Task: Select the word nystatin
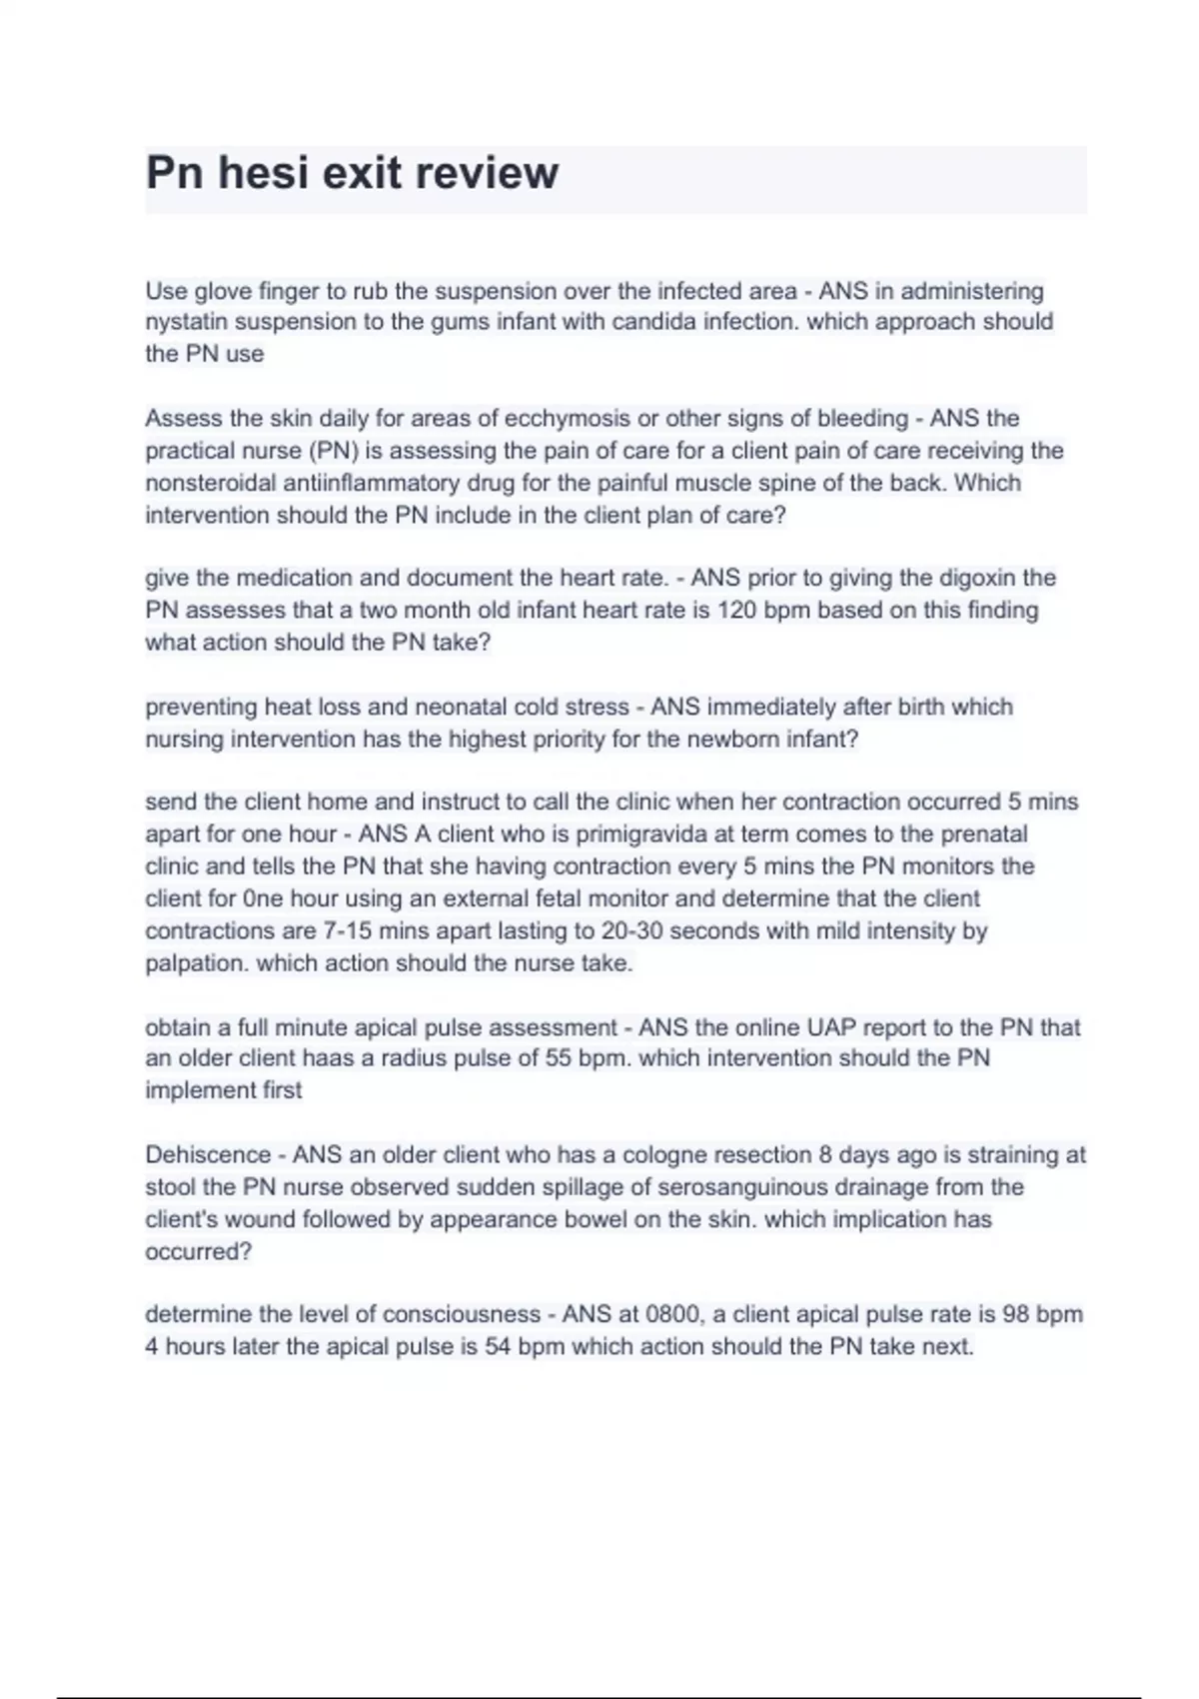(187, 322)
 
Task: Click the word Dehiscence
(208, 1154)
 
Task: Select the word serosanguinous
(546, 1187)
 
